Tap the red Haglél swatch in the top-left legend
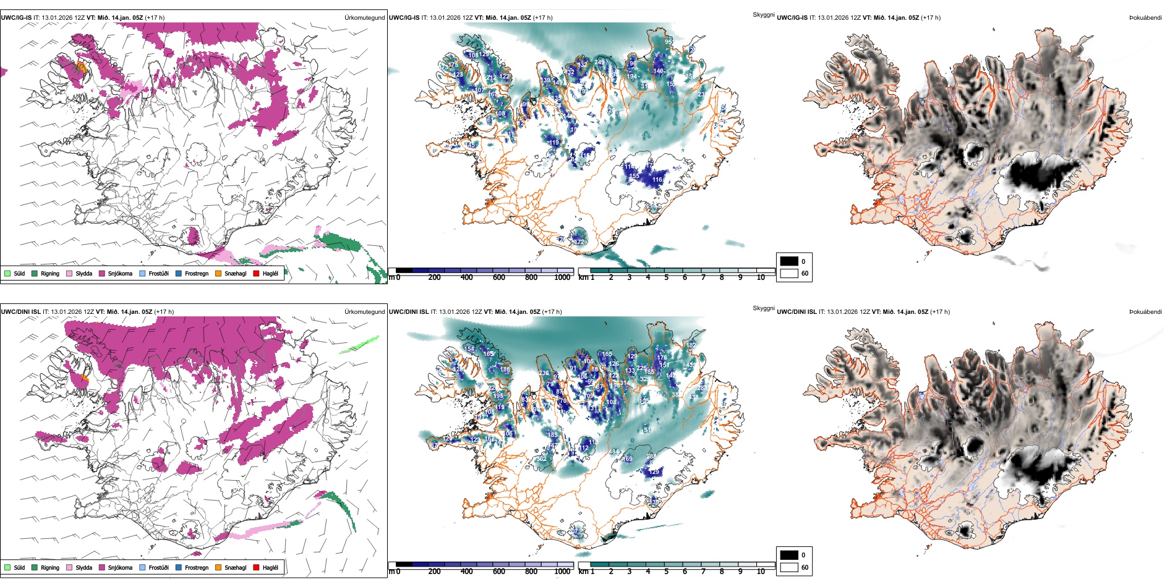256,273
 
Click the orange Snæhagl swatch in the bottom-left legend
218,567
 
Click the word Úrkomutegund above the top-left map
364,17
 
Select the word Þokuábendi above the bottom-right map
1145,311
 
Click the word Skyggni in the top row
763,14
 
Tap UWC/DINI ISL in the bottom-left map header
20,311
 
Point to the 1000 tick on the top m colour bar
562,277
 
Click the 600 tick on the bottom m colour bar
499,572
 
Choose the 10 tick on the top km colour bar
761,277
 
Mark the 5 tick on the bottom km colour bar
666,572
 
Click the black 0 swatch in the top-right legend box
789,261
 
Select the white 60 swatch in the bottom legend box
789,567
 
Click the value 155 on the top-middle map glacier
634,176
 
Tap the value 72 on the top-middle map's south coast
579,242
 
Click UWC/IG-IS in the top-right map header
792,17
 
